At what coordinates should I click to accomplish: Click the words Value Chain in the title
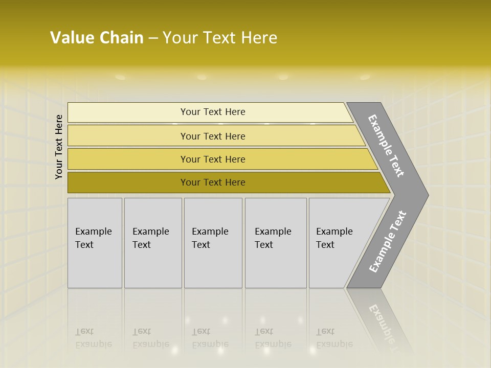pos(97,38)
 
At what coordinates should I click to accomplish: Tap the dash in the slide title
pos(153,38)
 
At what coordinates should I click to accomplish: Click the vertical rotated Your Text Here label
pos(59,147)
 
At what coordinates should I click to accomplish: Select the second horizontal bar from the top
pos(213,136)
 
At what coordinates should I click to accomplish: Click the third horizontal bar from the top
pos(213,159)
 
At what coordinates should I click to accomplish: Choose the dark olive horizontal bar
pos(213,182)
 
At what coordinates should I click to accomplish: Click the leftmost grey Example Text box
pos(95,243)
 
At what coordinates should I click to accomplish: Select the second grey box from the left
pos(153,243)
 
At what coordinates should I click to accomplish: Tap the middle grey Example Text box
pos(213,243)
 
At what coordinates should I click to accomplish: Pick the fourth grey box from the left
pos(276,243)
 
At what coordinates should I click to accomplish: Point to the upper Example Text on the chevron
pos(386,146)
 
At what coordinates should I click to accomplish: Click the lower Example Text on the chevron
pos(387,242)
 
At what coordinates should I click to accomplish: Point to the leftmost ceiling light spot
pos(120,77)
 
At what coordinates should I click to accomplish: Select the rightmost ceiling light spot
pos(365,77)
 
